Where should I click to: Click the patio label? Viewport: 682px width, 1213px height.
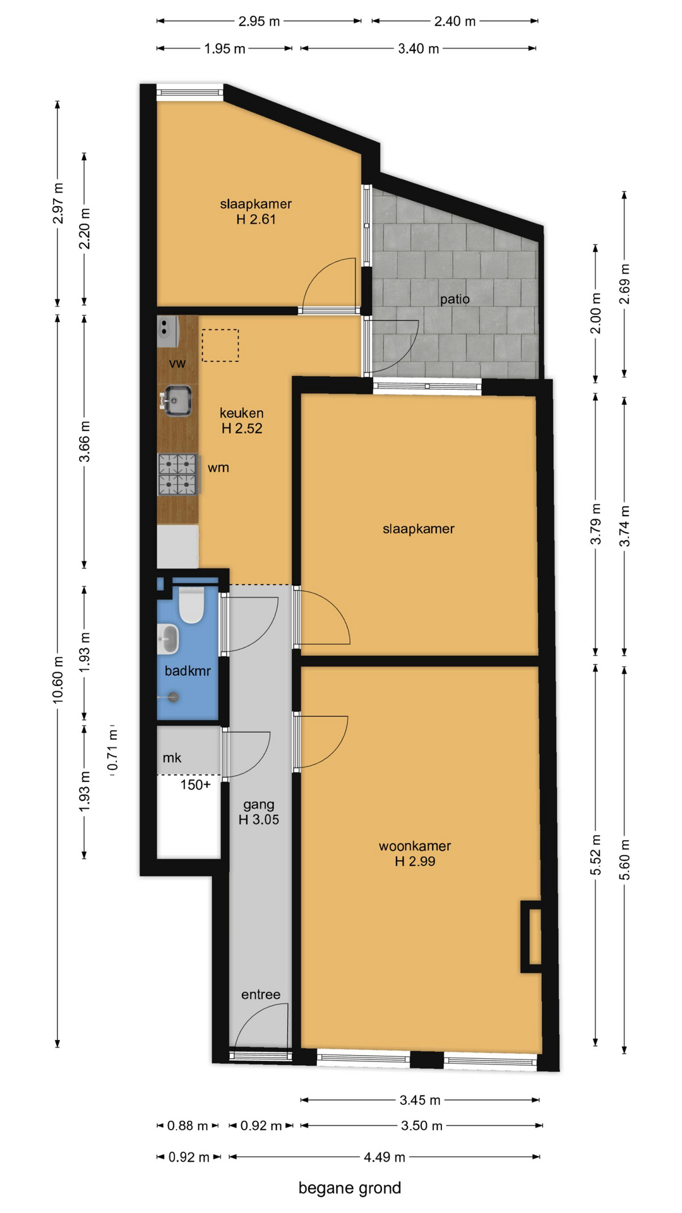455,299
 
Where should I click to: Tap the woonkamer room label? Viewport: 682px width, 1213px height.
415,846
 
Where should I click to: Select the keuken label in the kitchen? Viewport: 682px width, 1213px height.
241,413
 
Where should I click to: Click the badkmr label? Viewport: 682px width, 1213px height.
188,671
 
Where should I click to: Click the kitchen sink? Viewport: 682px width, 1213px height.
177,401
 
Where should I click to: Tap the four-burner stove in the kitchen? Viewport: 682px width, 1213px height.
179,474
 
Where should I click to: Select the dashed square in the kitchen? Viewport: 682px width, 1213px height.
220,346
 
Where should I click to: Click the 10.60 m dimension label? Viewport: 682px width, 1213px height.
58,679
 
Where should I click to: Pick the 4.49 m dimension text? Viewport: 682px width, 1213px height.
385,1157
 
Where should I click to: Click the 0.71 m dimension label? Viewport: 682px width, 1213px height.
113,749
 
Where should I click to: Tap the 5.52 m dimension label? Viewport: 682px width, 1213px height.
595,855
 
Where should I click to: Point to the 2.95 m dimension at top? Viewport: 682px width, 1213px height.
259,21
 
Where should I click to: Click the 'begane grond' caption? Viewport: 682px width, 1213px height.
350,1188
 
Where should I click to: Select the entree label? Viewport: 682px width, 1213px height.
261,994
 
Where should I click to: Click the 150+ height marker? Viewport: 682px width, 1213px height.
196,785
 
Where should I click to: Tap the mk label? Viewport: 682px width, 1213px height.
172,758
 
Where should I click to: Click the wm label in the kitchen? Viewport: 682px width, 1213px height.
218,468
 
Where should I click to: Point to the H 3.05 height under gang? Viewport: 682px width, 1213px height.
259,820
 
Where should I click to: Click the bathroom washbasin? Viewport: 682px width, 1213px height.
168,639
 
